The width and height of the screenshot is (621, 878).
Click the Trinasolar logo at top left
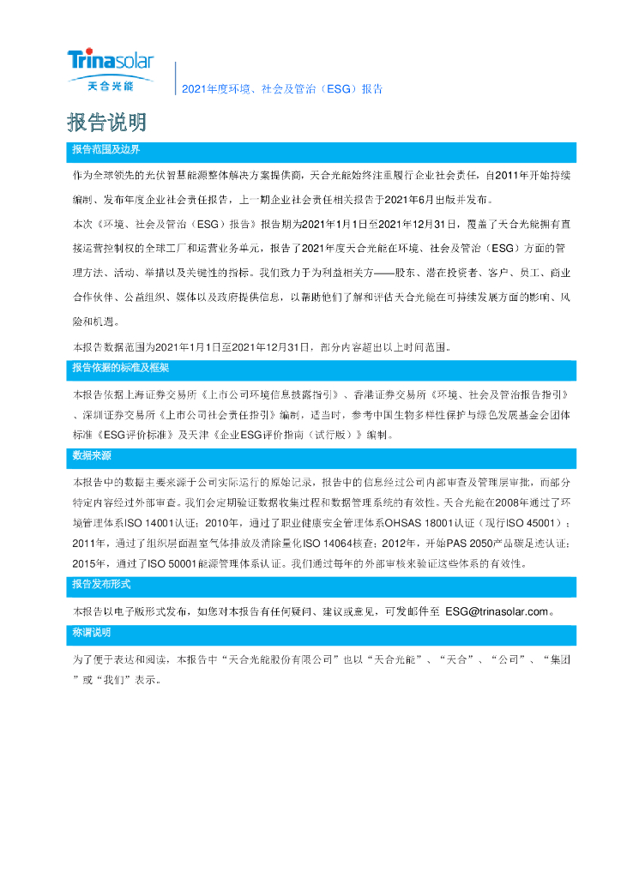pos(111,61)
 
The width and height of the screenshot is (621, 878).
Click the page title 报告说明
pos(106,123)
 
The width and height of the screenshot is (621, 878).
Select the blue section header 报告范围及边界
pos(106,149)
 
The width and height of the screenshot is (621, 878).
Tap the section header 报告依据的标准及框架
pos(121,368)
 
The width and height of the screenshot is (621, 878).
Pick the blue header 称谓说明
pos(92,632)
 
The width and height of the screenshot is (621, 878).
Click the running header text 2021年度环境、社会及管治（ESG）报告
pos(282,88)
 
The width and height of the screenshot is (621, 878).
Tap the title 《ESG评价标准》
pos(137,435)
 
